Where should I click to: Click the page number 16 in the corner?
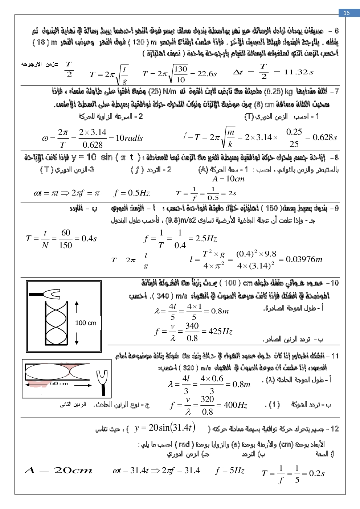click(x=347, y=13)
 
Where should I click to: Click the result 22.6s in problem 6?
click(x=207, y=74)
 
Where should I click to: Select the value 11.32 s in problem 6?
click(x=299, y=72)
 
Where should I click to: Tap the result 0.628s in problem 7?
click(x=325, y=137)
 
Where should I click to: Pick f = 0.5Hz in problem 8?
click(x=132, y=193)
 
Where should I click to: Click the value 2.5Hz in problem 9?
click(x=206, y=238)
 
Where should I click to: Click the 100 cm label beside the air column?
click(x=86, y=323)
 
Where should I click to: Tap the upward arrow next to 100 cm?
click(x=77, y=307)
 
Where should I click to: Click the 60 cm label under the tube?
click(x=59, y=383)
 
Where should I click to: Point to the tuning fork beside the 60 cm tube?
click(x=102, y=381)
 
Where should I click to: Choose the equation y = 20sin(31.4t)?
click(x=165, y=428)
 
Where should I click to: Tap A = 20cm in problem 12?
click(x=58, y=471)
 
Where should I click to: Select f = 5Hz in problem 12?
click(x=230, y=471)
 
